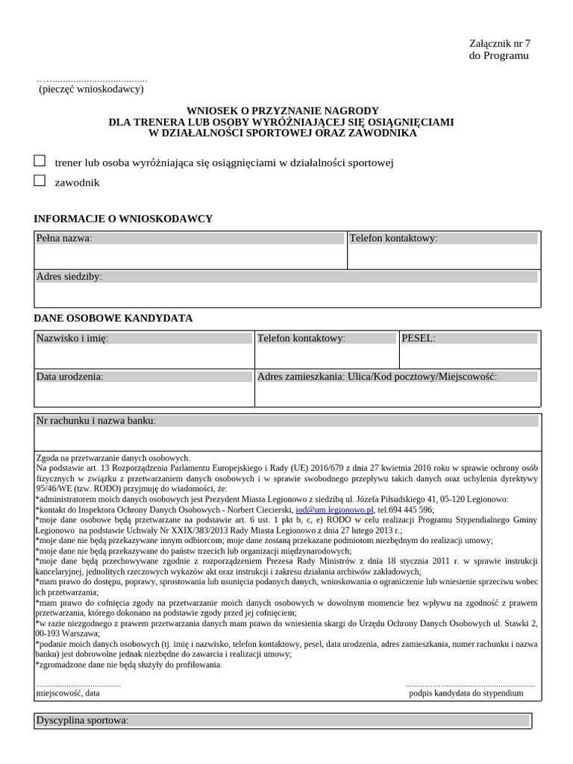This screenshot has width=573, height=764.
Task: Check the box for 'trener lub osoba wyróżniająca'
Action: pos(40,161)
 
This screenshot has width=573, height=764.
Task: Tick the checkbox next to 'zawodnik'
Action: pos(40,181)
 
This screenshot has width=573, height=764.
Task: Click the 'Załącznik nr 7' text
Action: pos(499,43)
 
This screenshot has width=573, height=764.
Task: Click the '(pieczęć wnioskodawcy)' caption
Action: pos(91,90)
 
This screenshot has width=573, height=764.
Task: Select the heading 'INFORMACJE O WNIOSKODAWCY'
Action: pos(123,219)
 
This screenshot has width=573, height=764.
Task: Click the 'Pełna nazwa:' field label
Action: pos(64,239)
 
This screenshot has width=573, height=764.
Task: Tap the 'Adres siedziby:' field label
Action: pos(69,277)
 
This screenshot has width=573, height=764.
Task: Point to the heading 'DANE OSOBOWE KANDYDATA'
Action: pos(113,318)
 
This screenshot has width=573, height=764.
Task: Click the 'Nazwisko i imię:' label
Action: pos(72,339)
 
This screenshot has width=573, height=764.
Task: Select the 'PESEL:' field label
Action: pos(418,339)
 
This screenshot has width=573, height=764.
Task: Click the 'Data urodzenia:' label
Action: pos(70,377)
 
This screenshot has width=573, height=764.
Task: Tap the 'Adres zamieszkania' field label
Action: pos(377,377)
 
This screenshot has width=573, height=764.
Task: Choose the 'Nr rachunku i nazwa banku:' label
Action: pos(96,421)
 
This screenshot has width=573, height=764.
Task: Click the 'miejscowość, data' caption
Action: pos(68,692)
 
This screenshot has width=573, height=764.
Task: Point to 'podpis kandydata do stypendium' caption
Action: pos(466,692)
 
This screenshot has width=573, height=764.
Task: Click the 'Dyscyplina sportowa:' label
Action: pos(83,721)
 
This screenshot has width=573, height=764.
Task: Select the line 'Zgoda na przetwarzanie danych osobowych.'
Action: pos(113,457)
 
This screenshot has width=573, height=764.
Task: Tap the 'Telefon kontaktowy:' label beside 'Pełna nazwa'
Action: pos(394,239)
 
